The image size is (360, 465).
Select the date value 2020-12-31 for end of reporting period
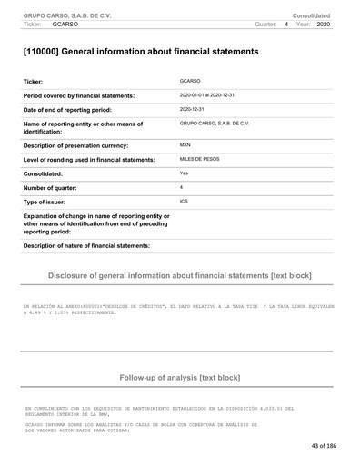(x=194, y=108)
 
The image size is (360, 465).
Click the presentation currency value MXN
(x=185, y=144)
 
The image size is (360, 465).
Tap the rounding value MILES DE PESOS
(x=202, y=159)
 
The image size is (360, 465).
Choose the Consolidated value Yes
(x=185, y=173)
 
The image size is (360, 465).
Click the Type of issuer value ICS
(x=185, y=200)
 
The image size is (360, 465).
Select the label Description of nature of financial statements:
(x=86, y=246)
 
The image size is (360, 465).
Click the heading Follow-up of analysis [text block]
(x=180, y=376)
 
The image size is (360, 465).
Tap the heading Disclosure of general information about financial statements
(x=180, y=273)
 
